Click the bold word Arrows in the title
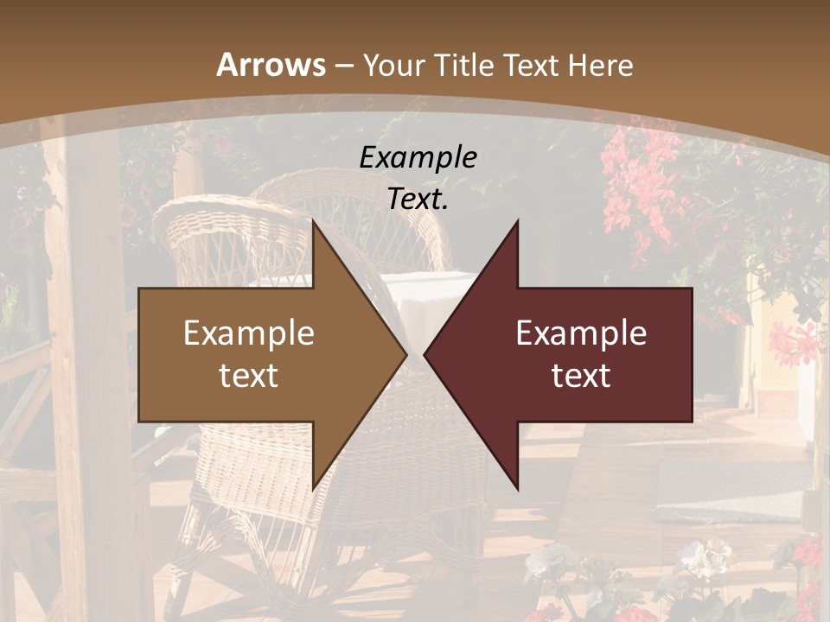pyautogui.click(x=271, y=65)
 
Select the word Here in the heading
pyautogui.click(x=600, y=66)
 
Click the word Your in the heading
pyautogui.click(x=395, y=66)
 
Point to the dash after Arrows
pyautogui.click(x=344, y=66)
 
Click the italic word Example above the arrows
pyautogui.click(x=418, y=157)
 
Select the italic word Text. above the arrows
pyautogui.click(x=418, y=199)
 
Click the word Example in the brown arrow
pyautogui.click(x=249, y=333)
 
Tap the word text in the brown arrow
pyautogui.click(x=249, y=375)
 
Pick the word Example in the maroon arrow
pyautogui.click(x=581, y=333)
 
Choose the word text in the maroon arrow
pyautogui.click(x=581, y=375)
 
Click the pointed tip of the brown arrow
pyautogui.click(x=405, y=354)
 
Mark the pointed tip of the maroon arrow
pyautogui.click(x=425, y=354)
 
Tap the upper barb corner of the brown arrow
pyautogui.click(x=314, y=222)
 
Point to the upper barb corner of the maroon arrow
pyautogui.click(x=517, y=222)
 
